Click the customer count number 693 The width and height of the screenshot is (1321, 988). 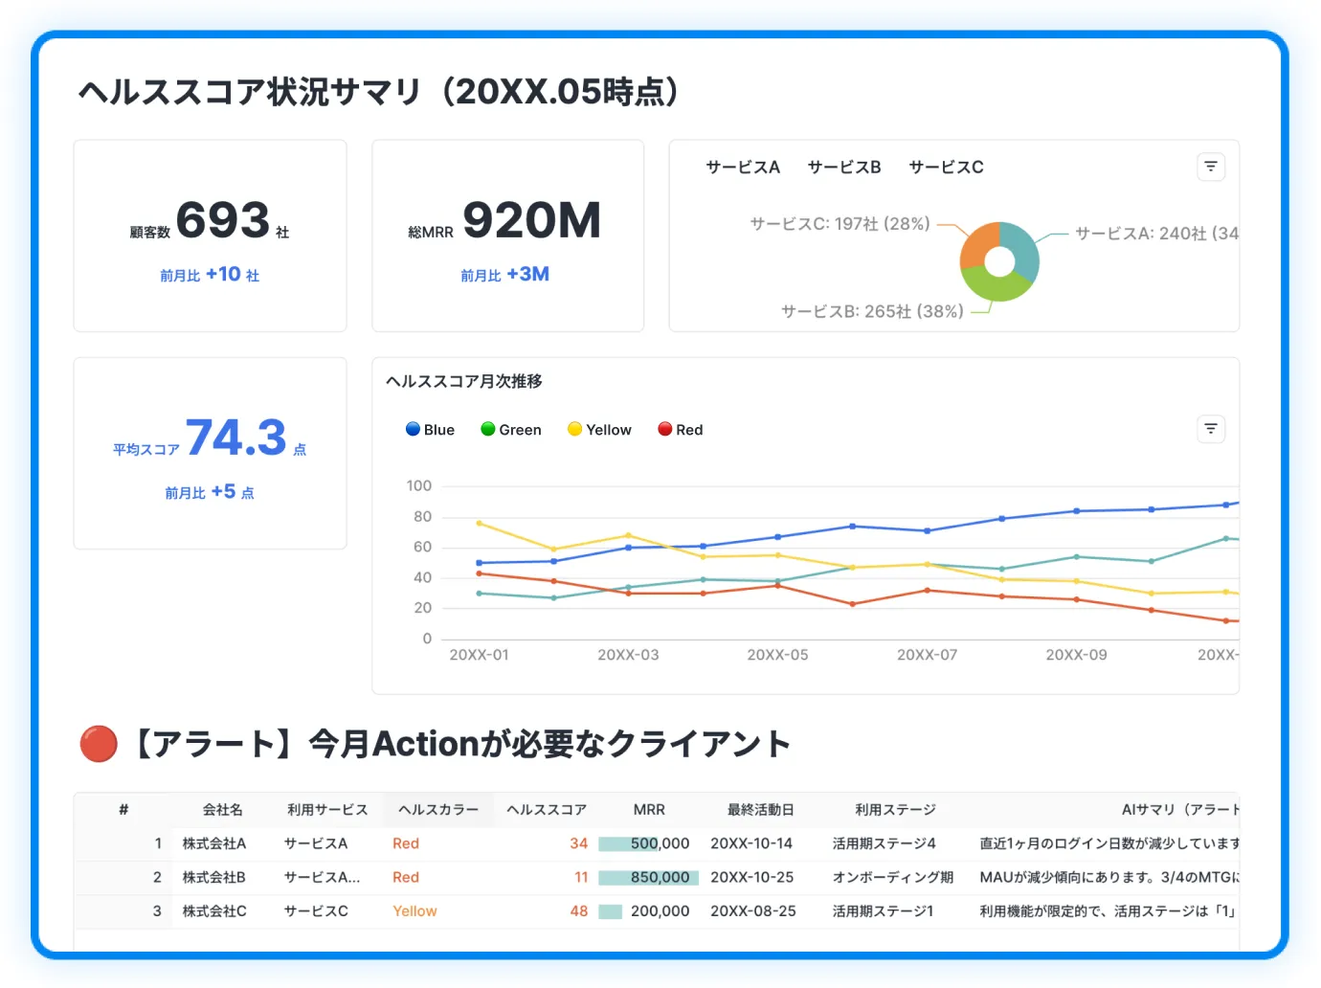[x=223, y=221]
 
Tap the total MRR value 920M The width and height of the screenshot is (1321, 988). [x=531, y=221]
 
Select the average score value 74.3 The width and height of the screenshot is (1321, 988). [x=236, y=438]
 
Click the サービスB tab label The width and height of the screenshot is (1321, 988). [x=843, y=167]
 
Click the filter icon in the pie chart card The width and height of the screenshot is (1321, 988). [x=1210, y=167]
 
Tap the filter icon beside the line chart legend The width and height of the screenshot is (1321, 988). [x=1210, y=429]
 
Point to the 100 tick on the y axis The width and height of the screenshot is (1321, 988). [x=418, y=485]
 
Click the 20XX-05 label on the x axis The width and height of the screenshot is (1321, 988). [x=777, y=655]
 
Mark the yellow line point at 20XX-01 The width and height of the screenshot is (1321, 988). [x=479, y=524]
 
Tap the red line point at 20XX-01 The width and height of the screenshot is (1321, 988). [x=479, y=573]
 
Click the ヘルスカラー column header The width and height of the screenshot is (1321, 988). [x=437, y=810]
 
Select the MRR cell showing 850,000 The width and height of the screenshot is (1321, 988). [x=660, y=877]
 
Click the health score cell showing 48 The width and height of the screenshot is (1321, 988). [x=578, y=911]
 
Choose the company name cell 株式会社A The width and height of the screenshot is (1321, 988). [x=214, y=843]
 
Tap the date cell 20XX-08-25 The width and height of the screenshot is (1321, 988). [x=752, y=911]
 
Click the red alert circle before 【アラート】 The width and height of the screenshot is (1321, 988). [x=99, y=744]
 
